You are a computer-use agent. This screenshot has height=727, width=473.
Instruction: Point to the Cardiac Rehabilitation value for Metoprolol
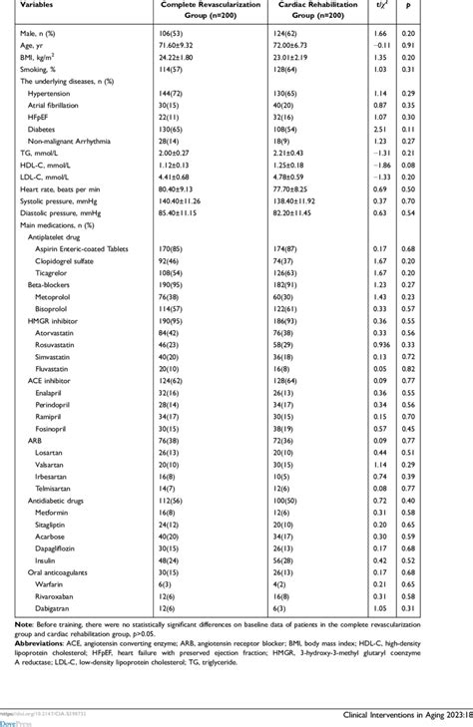coord(285,296)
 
